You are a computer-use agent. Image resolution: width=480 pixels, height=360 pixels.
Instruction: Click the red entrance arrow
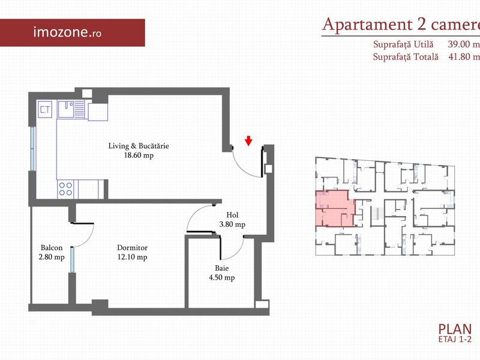pyautogui.click(x=248, y=141)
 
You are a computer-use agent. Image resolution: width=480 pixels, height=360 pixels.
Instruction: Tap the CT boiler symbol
pyautogui.click(x=45, y=109)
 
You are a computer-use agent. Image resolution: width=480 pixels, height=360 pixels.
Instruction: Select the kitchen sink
pyautogui.click(x=71, y=109)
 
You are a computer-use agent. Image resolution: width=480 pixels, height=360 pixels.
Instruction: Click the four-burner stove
pyautogui.click(x=65, y=189)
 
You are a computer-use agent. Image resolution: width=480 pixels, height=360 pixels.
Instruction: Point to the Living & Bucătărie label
pyautogui.click(x=139, y=146)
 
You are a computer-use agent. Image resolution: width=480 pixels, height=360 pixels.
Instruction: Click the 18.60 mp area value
pyautogui.click(x=139, y=155)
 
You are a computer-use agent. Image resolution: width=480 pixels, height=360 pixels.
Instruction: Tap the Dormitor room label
pyautogui.click(x=132, y=247)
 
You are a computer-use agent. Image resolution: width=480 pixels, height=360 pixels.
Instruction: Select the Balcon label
pyautogui.click(x=52, y=247)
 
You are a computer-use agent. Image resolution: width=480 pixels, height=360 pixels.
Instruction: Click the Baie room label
pyautogui.click(x=221, y=268)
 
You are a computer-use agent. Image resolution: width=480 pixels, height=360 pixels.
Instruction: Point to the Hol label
pyautogui.click(x=232, y=215)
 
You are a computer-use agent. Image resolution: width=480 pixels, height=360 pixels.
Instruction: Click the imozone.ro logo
pyautogui.click(x=67, y=32)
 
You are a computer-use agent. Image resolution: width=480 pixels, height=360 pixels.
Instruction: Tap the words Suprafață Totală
pyautogui.click(x=406, y=56)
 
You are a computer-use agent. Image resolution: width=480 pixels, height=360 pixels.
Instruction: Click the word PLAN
pyautogui.click(x=455, y=329)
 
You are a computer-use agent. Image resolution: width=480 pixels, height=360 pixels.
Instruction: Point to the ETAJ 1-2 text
pyautogui.click(x=455, y=339)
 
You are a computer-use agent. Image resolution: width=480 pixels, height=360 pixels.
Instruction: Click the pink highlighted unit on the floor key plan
pyautogui.click(x=335, y=208)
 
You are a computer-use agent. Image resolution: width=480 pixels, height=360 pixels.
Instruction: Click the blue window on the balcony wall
pyautogui.click(x=72, y=260)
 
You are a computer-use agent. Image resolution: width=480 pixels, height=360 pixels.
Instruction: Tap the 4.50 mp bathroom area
pyautogui.click(x=221, y=278)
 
